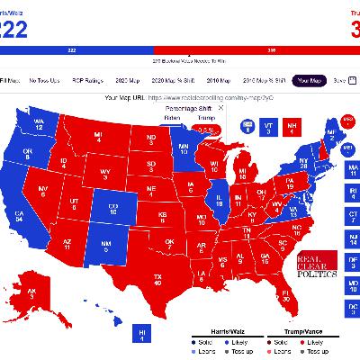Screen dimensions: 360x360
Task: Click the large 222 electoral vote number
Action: [13, 29]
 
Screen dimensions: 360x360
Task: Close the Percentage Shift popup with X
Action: [221, 107]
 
